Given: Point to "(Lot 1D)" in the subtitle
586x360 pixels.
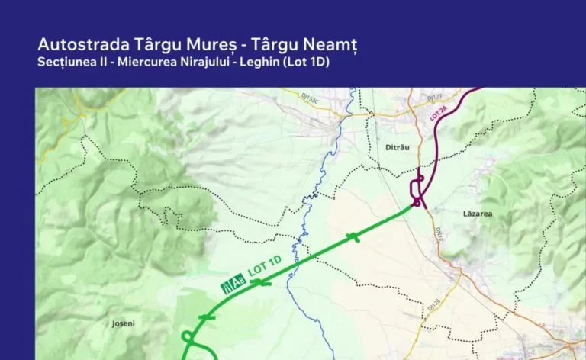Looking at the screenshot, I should coord(304,62).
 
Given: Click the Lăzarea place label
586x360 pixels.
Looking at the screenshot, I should coord(478,214).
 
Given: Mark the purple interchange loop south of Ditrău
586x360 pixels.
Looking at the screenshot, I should coord(417,188).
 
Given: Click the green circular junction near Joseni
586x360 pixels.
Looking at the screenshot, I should coord(186,336).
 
